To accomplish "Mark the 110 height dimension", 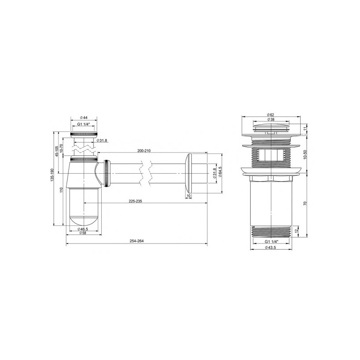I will (x=61, y=191).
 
